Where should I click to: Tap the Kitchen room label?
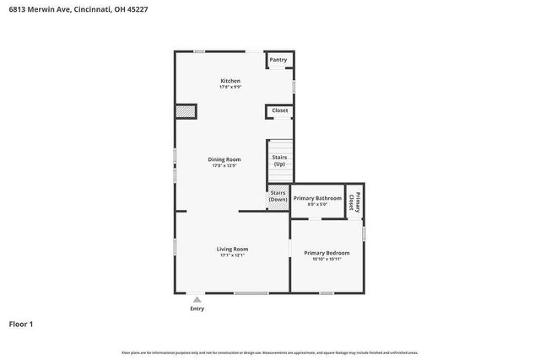point(230,81)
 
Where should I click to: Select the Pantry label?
point(278,60)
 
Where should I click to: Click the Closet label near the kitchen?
point(279,110)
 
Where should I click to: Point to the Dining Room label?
point(225,159)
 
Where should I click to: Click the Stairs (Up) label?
point(278,160)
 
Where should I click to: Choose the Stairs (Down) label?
point(278,196)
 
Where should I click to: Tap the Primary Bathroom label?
point(317,198)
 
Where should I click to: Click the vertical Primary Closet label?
point(356,203)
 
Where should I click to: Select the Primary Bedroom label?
point(327,253)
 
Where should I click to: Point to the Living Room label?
point(232,249)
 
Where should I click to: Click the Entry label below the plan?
point(197,309)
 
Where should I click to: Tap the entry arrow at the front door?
point(197,298)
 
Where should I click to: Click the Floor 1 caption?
point(21,324)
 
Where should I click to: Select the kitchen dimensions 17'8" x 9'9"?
point(230,87)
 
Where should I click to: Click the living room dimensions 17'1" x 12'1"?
point(232,255)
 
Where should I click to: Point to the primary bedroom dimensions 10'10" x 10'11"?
point(327,259)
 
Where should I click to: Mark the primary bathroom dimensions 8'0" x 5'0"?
point(317,204)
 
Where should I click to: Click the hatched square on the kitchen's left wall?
point(186,111)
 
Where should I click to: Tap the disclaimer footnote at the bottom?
point(269,352)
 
